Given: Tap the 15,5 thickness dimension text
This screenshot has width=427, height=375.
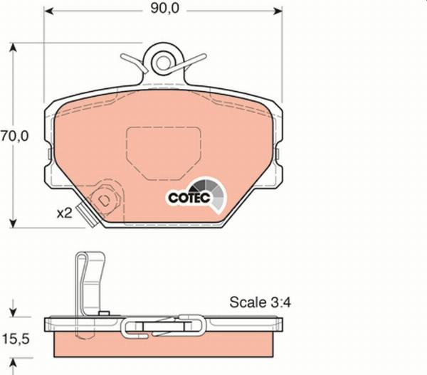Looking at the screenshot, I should [x=16, y=340].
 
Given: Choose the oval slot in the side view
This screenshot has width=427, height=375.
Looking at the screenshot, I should [x=165, y=327].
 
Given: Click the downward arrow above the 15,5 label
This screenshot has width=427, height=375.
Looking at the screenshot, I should [x=13, y=312].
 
